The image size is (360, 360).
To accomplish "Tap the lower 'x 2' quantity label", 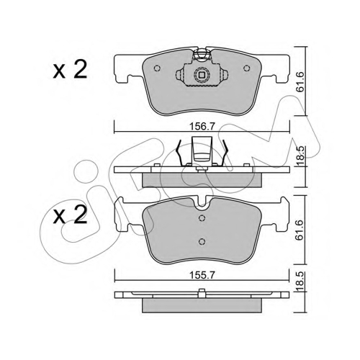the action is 70,215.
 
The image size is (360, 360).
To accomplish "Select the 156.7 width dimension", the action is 202,127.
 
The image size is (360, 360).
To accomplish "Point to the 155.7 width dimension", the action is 202,275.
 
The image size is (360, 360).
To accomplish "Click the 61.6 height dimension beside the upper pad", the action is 300,81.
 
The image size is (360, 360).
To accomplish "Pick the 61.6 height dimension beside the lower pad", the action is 300,230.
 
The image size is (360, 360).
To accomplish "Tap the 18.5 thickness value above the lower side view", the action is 300,282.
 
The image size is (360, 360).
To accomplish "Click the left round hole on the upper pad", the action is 157,68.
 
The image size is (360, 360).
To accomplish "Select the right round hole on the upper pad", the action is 246,68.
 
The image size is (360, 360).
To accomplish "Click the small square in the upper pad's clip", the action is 202,75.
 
